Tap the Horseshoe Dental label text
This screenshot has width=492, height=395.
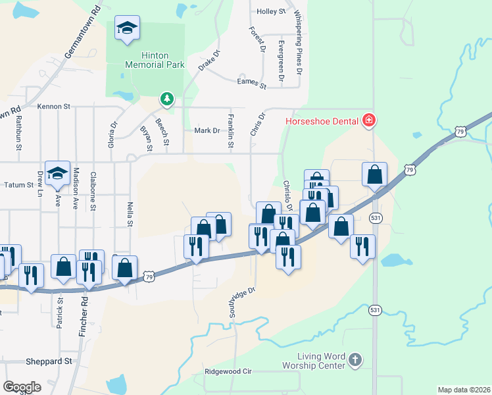(322, 120)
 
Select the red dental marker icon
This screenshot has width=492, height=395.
(369, 120)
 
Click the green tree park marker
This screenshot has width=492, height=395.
(168, 99)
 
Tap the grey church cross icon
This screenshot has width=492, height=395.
(355, 360)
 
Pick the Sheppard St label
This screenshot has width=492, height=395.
(49, 361)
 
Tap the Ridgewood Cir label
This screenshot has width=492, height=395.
(228, 371)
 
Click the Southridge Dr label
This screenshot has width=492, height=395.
(241, 303)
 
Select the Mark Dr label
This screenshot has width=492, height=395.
(207, 130)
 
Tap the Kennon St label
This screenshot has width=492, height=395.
(53, 106)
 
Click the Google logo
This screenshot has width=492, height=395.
(22, 387)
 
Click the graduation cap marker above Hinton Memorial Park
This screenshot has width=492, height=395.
(127, 28)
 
